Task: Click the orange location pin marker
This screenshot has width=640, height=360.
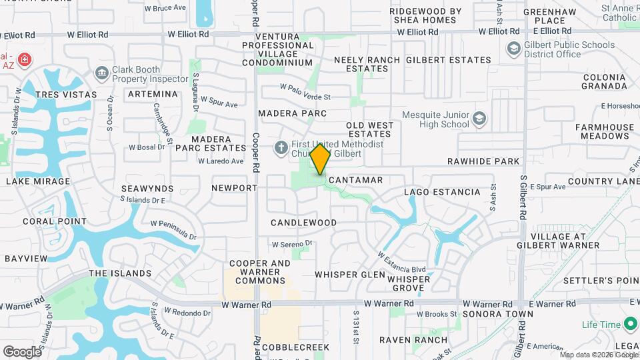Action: point(321,159)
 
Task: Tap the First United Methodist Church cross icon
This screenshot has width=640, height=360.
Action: point(281,147)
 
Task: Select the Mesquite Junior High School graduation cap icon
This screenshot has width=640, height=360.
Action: point(479,119)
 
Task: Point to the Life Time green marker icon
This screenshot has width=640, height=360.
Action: point(631,325)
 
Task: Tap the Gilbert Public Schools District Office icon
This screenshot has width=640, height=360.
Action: point(513,49)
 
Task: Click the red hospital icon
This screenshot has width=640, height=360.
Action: point(25,60)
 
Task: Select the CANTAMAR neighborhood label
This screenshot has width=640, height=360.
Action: point(355,180)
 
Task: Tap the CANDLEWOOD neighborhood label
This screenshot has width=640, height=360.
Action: point(303,222)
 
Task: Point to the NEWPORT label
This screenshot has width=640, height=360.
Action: point(234,188)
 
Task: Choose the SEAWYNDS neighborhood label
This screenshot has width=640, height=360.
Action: point(147,189)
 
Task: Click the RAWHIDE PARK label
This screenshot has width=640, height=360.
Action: point(483,161)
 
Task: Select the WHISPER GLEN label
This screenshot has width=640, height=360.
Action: point(350,275)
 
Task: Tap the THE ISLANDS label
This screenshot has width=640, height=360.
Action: point(120,273)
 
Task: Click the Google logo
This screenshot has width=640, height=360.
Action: point(22,351)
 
